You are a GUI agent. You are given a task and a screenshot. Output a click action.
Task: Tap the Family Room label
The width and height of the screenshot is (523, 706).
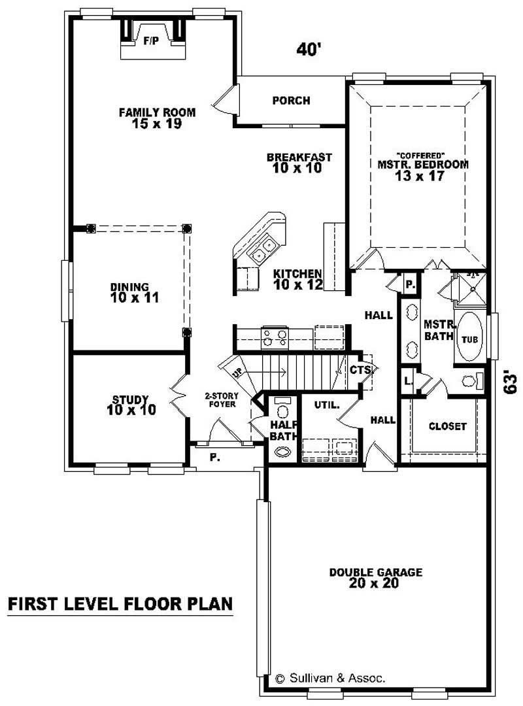point(157,118)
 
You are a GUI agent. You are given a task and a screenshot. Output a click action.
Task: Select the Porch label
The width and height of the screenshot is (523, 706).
point(291,101)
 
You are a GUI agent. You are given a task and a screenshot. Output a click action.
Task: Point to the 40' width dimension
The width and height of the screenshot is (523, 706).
point(309,50)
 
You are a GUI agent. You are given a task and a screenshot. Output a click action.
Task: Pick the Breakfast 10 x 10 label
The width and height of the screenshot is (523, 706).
point(299,163)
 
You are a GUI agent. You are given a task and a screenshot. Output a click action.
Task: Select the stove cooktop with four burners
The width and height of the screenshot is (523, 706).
point(275,337)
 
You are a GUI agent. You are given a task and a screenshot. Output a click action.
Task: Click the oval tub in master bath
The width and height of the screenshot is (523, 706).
point(470,338)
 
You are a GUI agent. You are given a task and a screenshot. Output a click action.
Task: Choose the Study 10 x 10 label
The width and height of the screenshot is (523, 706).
point(130,405)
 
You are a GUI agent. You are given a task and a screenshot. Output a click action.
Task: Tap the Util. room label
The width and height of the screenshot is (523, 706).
point(328,405)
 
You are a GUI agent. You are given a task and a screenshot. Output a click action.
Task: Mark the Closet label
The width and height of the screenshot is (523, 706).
point(448,426)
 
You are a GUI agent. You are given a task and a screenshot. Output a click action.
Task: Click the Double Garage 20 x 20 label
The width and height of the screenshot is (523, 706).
point(375,578)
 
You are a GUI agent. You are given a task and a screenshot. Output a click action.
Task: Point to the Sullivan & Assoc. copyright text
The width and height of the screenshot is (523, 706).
point(330,678)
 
